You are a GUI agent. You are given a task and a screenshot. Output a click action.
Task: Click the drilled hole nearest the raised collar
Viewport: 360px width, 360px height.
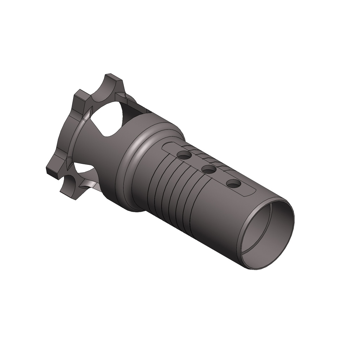(x=184, y=155)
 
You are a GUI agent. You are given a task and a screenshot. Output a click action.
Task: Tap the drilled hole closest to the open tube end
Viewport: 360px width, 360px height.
(x=233, y=184)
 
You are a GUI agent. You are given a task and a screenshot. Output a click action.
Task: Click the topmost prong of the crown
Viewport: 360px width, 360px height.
(x=112, y=79)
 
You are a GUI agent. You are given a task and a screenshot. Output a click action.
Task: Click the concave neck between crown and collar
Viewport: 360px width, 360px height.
(x=102, y=155)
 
